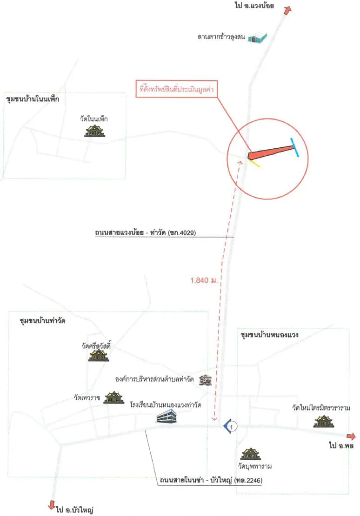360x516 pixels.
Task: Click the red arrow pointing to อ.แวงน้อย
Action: click(287, 11)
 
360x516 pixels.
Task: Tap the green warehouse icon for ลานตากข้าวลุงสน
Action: click(257, 38)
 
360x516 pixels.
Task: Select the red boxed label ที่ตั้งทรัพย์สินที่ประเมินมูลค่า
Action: click(177, 88)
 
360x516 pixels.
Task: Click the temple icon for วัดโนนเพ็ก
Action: click(94, 131)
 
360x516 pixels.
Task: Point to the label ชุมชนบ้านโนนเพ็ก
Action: click(32, 99)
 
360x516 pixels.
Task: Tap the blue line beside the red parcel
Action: click(294, 147)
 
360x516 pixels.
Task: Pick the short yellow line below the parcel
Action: click(254, 164)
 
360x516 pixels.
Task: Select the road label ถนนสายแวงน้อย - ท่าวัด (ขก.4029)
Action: click(145, 232)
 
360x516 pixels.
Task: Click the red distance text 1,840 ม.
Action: click(204, 280)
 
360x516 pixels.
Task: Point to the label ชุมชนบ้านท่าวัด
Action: click(42, 321)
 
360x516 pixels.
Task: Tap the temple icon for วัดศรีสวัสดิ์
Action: click(99, 356)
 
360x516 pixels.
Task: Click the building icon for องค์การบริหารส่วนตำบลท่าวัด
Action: click(206, 380)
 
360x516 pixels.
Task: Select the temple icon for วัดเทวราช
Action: click(114, 398)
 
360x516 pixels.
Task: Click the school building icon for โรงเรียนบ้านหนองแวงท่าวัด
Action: click(167, 416)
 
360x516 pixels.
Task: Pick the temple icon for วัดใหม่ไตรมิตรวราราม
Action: click(324, 422)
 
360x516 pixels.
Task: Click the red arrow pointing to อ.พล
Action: click(351, 437)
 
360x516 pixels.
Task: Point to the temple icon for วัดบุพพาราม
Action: click(251, 454)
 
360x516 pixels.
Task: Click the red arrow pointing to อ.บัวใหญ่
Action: click(51, 505)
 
